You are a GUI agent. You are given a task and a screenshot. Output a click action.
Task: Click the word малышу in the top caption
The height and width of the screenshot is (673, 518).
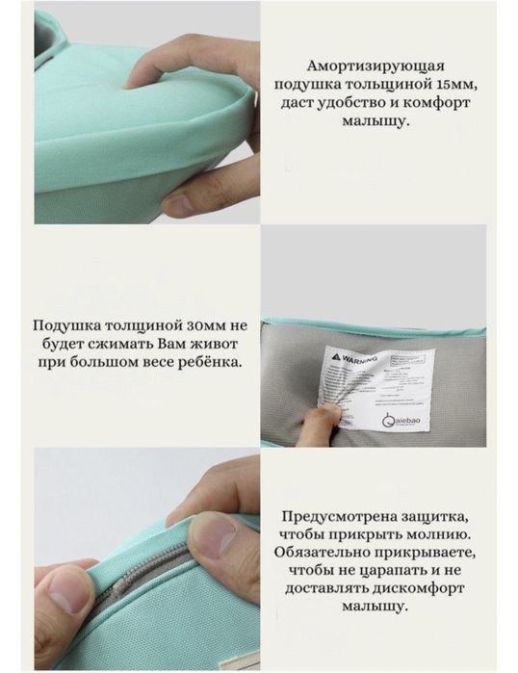point(375,123)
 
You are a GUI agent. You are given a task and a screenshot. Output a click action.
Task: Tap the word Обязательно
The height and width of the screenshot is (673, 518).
point(324,553)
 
